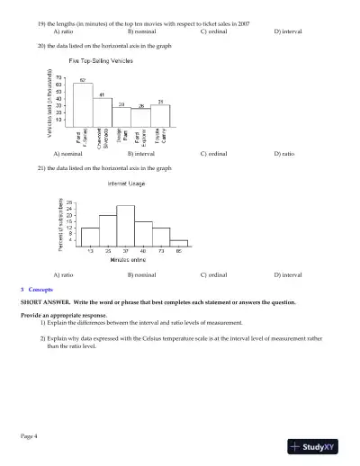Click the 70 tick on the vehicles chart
click(x=58, y=77)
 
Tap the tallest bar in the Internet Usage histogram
click(x=125, y=225)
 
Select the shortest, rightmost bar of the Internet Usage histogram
click(x=178, y=242)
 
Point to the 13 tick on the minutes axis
click(x=90, y=250)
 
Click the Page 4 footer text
click(x=29, y=435)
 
